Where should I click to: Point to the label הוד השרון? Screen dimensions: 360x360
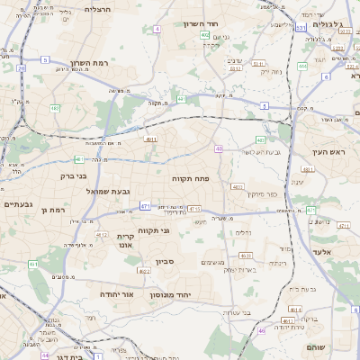point(201,23)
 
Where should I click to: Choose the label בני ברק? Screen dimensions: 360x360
point(71,176)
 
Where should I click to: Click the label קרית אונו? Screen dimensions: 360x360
point(125,240)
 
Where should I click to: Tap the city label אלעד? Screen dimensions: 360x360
point(325,253)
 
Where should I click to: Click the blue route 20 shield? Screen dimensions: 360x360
point(21,67)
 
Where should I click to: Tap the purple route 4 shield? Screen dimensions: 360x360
point(157,29)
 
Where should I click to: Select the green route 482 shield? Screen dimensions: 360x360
point(55,108)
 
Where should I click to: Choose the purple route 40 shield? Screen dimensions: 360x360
point(219,148)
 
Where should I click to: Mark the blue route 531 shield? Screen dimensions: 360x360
point(301,29)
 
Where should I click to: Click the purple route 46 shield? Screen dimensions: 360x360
point(262,331)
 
